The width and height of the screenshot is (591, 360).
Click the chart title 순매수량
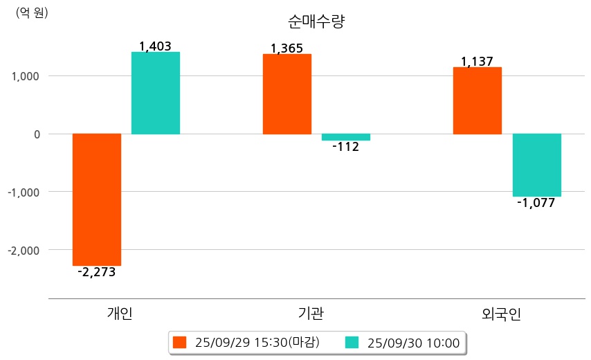pyautogui.click(x=316, y=21)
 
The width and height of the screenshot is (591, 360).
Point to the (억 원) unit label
pyautogui.click(x=32, y=12)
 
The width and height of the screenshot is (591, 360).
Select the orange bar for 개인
pyautogui.click(x=97, y=199)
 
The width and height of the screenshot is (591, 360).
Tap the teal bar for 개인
pyautogui.click(x=156, y=93)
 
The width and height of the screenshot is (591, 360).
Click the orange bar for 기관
pyautogui.click(x=287, y=93)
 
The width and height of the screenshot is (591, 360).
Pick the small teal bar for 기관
pyautogui.click(x=346, y=137)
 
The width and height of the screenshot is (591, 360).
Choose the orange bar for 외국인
pyautogui.click(x=478, y=100)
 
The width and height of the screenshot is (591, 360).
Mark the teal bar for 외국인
pyautogui.click(x=536, y=165)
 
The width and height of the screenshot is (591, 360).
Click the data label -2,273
pyautogui.click(x=96, y=272)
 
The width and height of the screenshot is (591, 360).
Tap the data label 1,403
pyautogui.click(x=155, y=46)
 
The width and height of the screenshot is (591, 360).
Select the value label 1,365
pyautogui.click(x=287, y=48)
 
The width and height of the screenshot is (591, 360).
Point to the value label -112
pyautogui.click(x=345, y=147)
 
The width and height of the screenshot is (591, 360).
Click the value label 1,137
pyautogui.click(x=477, y=62)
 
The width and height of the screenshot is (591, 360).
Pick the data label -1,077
pyautogui.click(x=536, y=203)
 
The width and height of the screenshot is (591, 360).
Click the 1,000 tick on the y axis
pyautogui.click(x=26, y=75)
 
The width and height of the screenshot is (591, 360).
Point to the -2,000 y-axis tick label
pyautogui.click(x=24, y=250)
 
